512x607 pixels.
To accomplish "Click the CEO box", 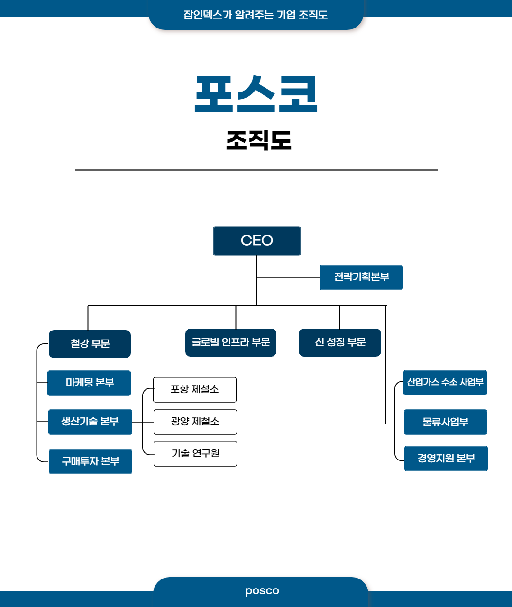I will tap(256, 241).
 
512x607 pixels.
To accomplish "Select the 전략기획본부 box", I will tap(361, 277).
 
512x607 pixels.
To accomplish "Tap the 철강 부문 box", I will tap(90, 344).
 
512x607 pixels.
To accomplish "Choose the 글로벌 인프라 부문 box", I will tap(230, 342).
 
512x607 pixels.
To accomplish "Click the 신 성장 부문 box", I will tap(339, 342).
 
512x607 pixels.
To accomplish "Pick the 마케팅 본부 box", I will tap(89, 383).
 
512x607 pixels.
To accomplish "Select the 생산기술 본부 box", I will tap(90, 422).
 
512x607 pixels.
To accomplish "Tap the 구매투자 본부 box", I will tap(91, 461).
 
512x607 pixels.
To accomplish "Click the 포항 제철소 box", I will tap(195, 390).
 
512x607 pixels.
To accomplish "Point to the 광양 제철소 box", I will tap(195, 422).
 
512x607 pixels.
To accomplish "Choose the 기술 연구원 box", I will tap(195, 454).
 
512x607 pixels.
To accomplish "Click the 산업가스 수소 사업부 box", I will tap(445, 383).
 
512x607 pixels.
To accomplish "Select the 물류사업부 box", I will tap(446, 422).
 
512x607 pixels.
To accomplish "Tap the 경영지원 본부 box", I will tap(446, 459).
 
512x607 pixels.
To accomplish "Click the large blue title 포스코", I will tap(256, 94).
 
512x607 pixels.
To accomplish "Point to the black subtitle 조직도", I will tap(258, 140).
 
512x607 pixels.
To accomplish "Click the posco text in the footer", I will tap(262, 591).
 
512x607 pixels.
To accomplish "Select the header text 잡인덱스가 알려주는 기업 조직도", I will tap(256, 15).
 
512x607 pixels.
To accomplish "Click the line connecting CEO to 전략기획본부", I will tap(288, 277).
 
